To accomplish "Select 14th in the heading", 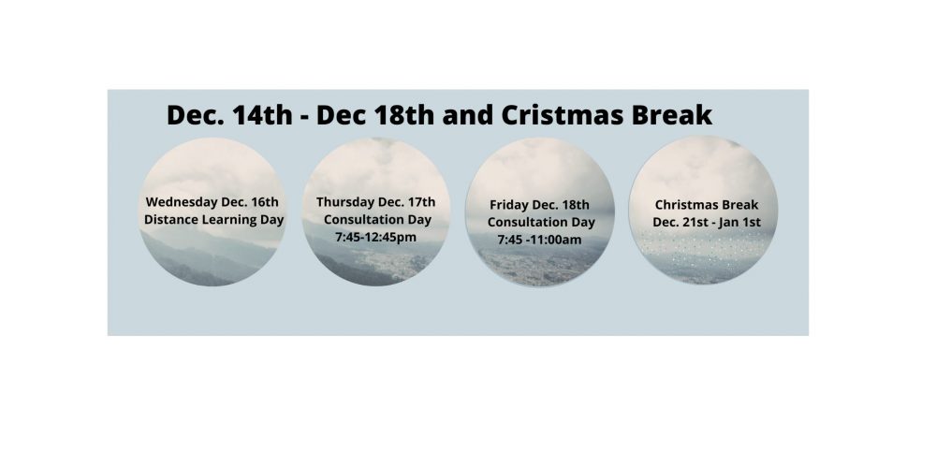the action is click(263, 115).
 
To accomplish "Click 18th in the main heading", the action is click(404, 115).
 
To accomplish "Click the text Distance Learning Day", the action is click(213, 220).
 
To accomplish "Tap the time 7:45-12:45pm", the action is click(376, 238).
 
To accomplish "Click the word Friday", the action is click(508, 205).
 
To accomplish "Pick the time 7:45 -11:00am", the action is click(540, 240).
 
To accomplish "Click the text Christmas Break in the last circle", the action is click(707, 205).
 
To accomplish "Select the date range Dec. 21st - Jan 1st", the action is click(707, 222).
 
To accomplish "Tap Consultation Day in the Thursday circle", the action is click(377, 220).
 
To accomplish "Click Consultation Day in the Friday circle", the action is click(541, 222).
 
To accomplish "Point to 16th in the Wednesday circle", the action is click(265, 202).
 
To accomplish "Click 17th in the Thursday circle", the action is click(422, 202).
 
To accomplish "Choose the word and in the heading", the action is click(468, 115).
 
